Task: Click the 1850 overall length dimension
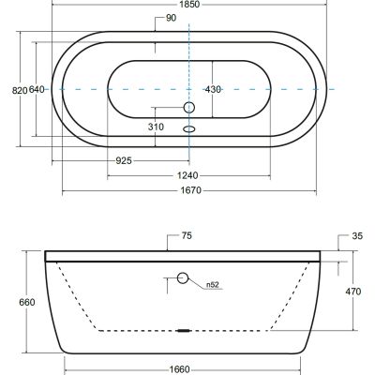pos(189,5)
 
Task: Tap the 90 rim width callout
pos(171,18)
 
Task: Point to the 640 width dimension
pos(37,90)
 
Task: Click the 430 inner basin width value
pos(213,90)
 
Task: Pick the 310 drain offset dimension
pos(156,127)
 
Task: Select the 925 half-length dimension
pos(124,161)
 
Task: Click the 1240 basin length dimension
pos(187,175)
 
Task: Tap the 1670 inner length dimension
pos(191,190)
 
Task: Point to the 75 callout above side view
pos(187,235)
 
